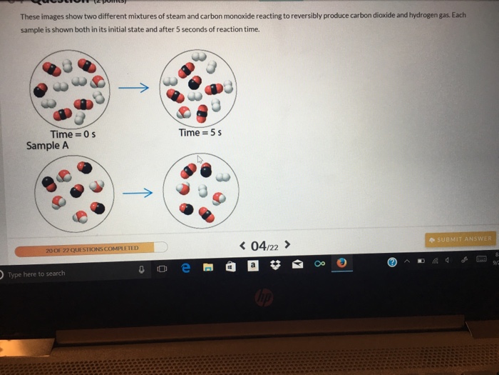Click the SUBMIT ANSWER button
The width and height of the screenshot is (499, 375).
coord(460,239)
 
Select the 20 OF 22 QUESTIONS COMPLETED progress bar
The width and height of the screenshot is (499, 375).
coord(91,249)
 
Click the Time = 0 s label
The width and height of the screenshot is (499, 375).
coord(73,134)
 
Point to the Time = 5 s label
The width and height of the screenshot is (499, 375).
coord(202,133)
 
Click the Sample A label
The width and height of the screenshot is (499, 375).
coord(48,146)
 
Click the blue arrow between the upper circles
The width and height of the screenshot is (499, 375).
coord(134,88)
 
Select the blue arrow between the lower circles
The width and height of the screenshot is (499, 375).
coord(137,193)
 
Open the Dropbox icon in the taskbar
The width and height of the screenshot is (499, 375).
coord(275,265)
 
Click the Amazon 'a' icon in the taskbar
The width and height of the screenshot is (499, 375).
coord(252,265)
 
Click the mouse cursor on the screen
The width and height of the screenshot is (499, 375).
coord(201,160)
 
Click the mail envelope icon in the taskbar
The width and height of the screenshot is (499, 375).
coord(297,265)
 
